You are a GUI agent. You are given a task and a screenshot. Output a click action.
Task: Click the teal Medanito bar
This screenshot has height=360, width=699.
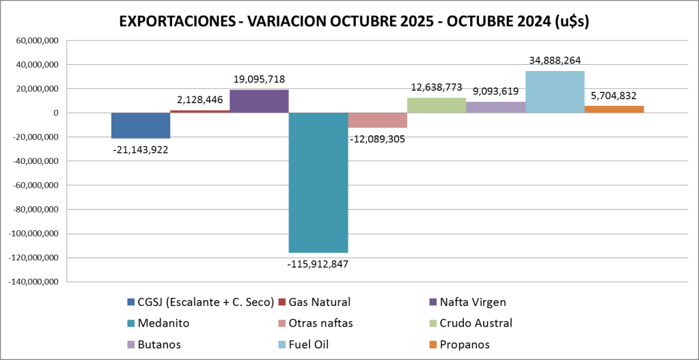click(x=318, y=182)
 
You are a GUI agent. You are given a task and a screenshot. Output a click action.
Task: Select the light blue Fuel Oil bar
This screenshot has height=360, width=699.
click(x=555, y=92)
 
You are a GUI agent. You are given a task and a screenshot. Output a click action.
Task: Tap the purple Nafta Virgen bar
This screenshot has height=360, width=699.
click(x=259, y=101)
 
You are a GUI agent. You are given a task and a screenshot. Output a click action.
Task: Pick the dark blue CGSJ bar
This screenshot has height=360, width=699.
click(x=141, y=125)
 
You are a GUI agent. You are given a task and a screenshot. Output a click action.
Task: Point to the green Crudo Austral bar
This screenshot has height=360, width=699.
click(x=437, y=105)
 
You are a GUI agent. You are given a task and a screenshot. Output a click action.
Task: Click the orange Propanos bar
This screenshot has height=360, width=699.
click(x=614, y=109)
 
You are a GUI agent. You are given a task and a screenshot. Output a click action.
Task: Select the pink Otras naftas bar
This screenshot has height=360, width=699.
click(x=377, y=120)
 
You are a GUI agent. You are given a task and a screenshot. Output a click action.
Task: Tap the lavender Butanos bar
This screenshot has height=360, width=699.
click(x=495, y=107)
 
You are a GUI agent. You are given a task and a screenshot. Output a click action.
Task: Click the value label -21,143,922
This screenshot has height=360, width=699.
click(x=141, y=149)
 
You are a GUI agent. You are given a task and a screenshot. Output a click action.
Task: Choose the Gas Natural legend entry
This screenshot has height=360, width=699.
click(x=320, y=302)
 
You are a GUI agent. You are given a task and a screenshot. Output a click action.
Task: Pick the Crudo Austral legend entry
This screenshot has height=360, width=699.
click(x=476, y=323)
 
